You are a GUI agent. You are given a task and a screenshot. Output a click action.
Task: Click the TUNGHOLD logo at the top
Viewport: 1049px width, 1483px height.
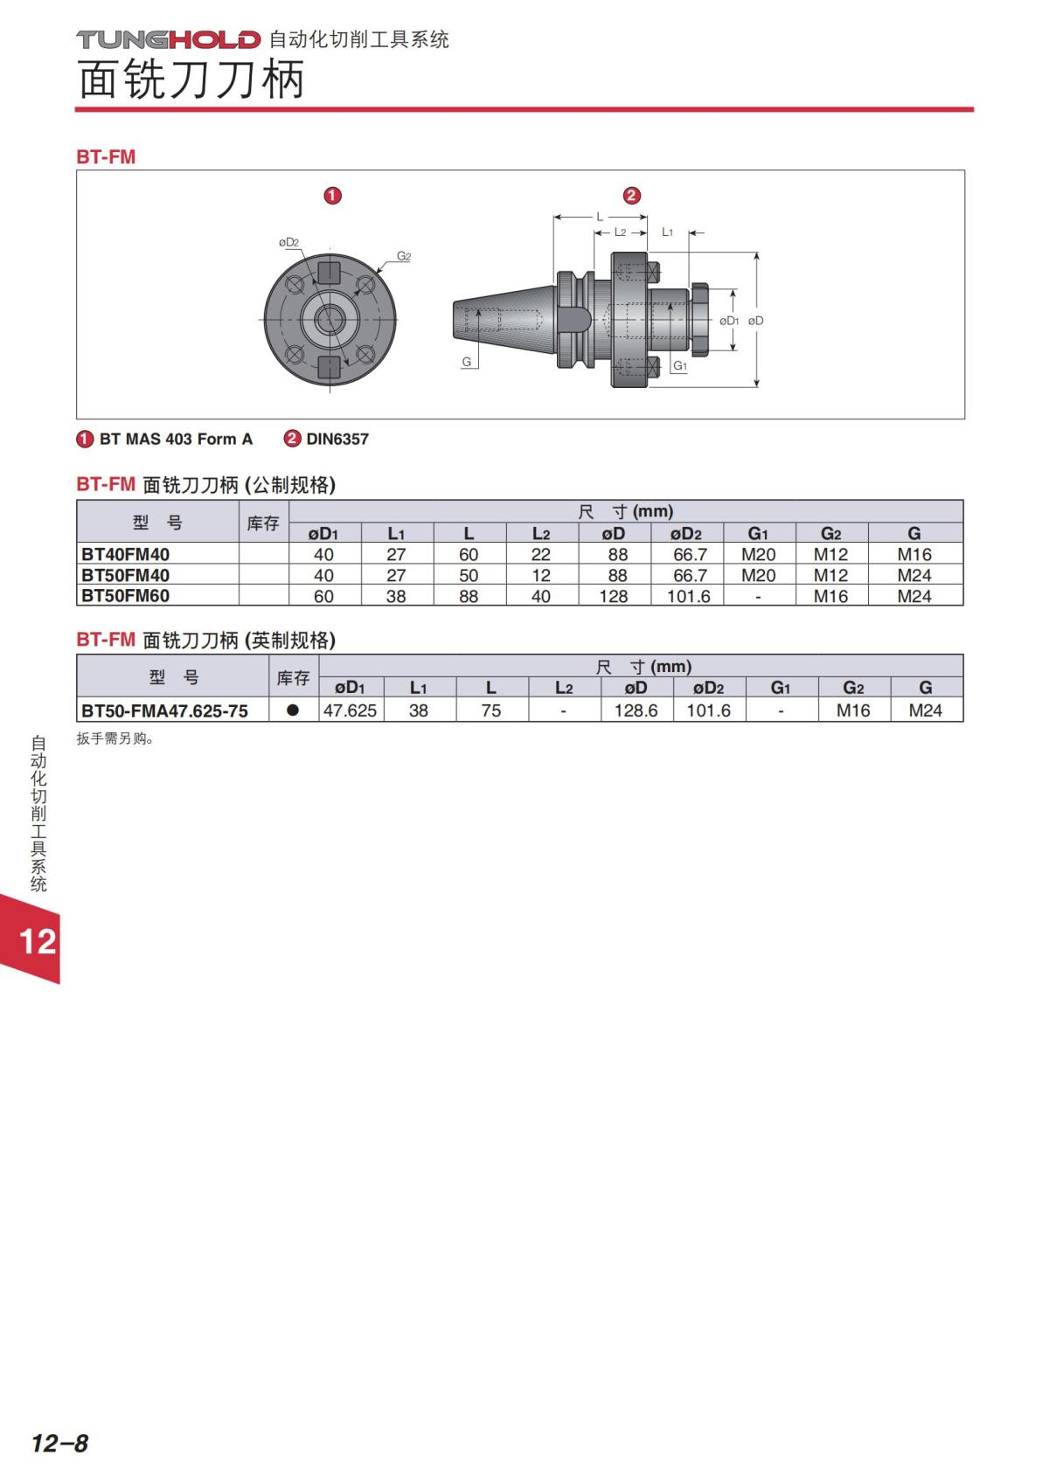click(168, 39)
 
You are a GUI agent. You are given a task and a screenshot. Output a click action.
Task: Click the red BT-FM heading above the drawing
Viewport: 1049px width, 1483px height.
click(106, 157)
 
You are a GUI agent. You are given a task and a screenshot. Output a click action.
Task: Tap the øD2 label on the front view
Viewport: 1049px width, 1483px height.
click(288, 243)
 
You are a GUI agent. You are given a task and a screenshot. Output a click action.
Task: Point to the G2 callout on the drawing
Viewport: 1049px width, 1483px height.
click(404, 256)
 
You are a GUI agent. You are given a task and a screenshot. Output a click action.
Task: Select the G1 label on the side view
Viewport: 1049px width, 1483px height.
click(680, 365)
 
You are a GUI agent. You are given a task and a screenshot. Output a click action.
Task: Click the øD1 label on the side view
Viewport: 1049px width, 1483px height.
click(729, 321)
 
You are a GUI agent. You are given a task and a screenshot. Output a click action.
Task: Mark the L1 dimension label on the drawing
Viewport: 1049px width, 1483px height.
click(668, 232)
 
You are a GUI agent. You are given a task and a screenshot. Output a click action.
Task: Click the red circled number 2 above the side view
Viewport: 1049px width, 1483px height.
click(632, 195)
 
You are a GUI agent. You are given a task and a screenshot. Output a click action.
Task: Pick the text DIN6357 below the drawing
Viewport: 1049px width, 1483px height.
click(337, 439)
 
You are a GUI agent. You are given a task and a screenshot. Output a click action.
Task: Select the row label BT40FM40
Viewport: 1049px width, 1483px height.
click(125, 554)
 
